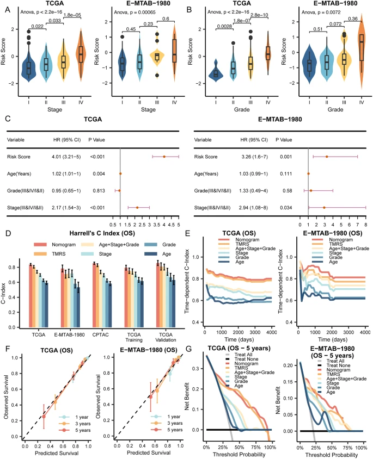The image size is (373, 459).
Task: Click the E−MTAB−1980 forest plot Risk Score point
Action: (x=326, y=157)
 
